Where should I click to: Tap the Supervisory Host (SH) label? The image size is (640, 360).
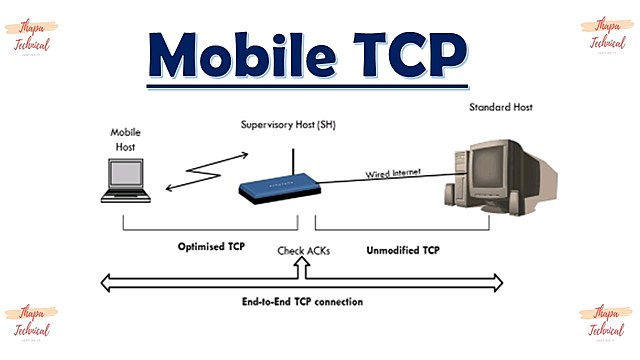[288, 125]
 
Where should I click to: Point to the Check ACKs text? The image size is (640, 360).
[302, 250]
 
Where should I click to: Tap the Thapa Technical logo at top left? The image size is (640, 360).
[32, 36]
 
